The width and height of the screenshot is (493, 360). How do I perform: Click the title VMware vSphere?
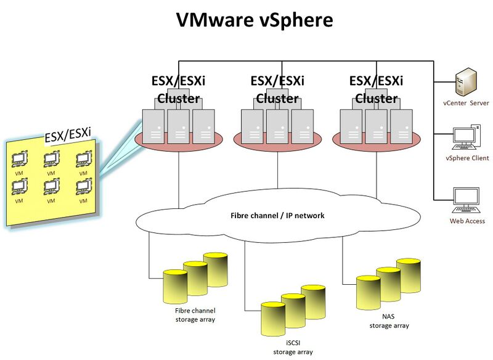click(x=255, y=20)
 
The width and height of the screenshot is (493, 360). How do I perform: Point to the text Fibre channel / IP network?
click(x=277, y=216)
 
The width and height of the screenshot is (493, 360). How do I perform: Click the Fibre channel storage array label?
click(x=191, y=315)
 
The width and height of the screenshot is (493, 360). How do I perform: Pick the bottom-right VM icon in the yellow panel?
click(x=83, y=187)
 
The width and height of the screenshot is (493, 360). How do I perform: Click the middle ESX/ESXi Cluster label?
click(x=277, y=89)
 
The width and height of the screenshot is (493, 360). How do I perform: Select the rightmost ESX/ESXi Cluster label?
click(x=376, y=89)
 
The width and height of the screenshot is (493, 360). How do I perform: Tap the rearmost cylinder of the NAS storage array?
click(x=408, y=274)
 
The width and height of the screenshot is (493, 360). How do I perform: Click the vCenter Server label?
click(x=466, y=103)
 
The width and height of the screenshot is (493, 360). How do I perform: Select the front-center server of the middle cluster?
click(x=277, y=127)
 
